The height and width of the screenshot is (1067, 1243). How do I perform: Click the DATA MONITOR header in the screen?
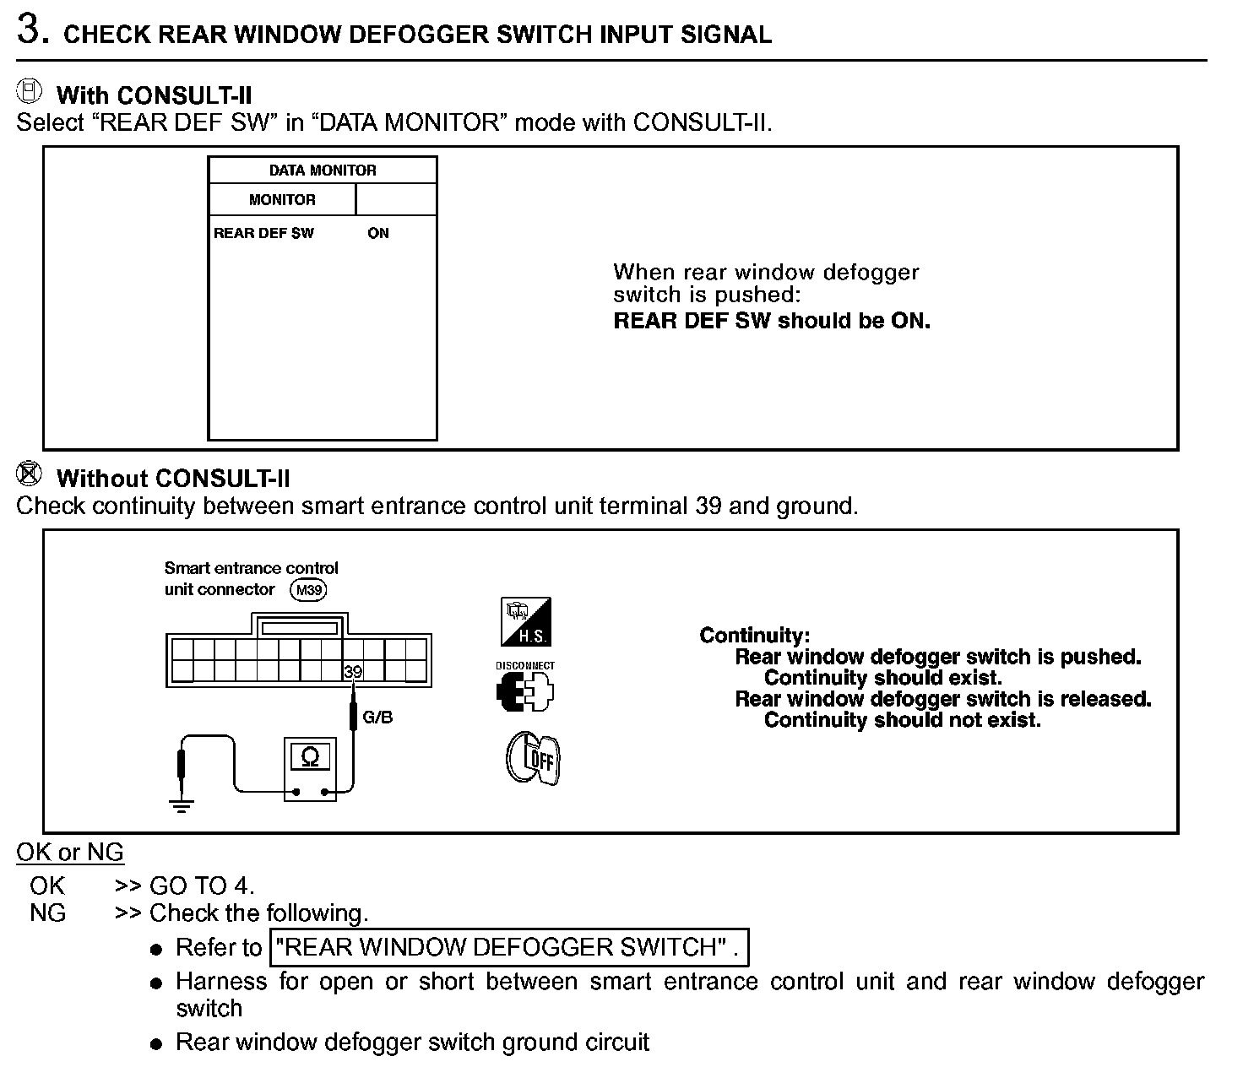[323, 170]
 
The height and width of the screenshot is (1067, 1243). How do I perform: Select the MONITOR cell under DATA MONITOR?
[282, 200]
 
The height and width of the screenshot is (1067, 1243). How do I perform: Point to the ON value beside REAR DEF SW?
[378, 233]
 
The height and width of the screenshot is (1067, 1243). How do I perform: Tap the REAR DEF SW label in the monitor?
[263, 233]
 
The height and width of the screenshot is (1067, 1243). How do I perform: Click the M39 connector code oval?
[308, 590]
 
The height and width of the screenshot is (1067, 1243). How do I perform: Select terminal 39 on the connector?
[353, 671]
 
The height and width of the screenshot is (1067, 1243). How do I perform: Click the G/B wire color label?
[377, 718]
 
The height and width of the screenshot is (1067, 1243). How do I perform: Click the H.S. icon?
[526, 622]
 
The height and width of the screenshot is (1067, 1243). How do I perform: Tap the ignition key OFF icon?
[533, 758]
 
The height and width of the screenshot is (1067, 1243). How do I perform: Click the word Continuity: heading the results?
[754, 636]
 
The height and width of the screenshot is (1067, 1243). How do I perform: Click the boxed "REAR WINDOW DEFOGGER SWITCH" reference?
[508, 947]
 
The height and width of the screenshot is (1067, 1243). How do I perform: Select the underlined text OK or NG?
[70, 852]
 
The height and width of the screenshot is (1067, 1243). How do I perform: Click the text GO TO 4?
[201, 886]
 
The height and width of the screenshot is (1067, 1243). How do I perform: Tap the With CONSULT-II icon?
[30, 90]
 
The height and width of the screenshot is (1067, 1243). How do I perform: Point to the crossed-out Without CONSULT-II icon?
[30, 474]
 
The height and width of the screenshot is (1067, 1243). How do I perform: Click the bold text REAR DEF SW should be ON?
[771, 321]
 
